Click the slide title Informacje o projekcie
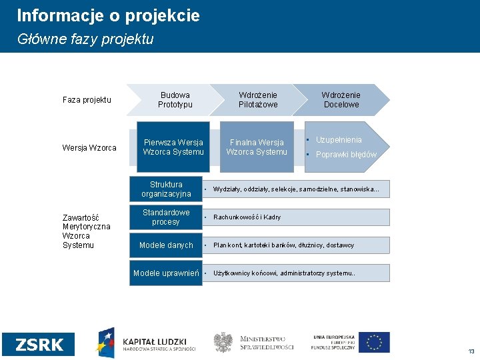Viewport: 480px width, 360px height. tap(108, 15)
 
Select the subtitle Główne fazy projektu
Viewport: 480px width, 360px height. tap(85, 39)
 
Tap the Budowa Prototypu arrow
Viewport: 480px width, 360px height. tap(175, 100)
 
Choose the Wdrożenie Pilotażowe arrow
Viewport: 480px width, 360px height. tap(258, 100)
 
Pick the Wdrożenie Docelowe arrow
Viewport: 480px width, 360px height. tap(341, 100)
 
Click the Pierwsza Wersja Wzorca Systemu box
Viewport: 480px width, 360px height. tap(173, 147)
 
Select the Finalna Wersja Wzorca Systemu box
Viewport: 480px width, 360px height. tap(257, 147)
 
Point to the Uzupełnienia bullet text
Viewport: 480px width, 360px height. tap(339, 140)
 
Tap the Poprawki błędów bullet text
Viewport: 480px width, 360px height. tap(346, 155)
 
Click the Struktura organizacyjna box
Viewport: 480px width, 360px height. tap(166, 189)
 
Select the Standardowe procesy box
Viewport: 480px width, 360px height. tap(166, 217)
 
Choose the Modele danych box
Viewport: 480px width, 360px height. tap(166, 245)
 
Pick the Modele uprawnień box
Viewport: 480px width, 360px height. tap(166, 273)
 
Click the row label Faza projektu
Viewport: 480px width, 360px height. tap(87, 100)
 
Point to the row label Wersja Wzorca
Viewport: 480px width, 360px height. tap(89, 147)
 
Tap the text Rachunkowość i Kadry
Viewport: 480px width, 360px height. tap(247, 217)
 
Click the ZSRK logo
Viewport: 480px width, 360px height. tap(39, 344)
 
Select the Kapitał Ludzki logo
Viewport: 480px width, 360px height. tap(147, 343)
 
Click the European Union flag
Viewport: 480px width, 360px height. tap(375, 342)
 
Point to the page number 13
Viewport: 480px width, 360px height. tap(471, 351)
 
